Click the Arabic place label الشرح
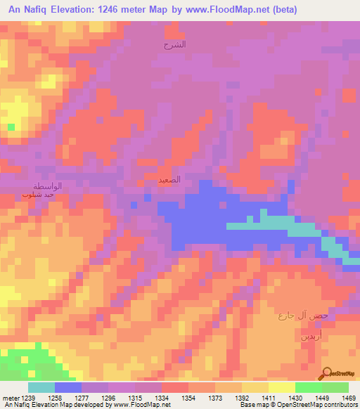click(x=174, y=44)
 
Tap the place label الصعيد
click(x=169, y=179)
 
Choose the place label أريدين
click(x=312, y=336)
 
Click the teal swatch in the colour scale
click(x=41, y=387)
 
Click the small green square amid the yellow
click(x=11, y=126)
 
